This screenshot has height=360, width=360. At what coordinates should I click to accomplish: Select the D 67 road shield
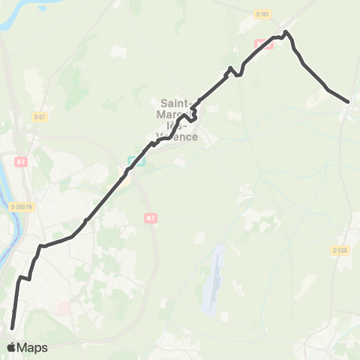point(40,116)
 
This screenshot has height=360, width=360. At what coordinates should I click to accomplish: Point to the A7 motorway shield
point(20,161)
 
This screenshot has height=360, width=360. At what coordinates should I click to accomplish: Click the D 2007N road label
point(22,207)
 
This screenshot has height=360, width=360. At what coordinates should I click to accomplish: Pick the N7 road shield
point(151,218)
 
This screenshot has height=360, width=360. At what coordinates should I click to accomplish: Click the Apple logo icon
point(12,347)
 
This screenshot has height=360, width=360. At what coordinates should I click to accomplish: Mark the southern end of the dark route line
point(12,327)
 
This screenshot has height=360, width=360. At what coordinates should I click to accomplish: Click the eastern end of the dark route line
point(348,101)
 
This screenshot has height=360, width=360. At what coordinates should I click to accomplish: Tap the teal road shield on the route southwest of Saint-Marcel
point(134,160)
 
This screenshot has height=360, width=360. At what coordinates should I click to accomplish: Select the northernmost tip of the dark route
point(286,31)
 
